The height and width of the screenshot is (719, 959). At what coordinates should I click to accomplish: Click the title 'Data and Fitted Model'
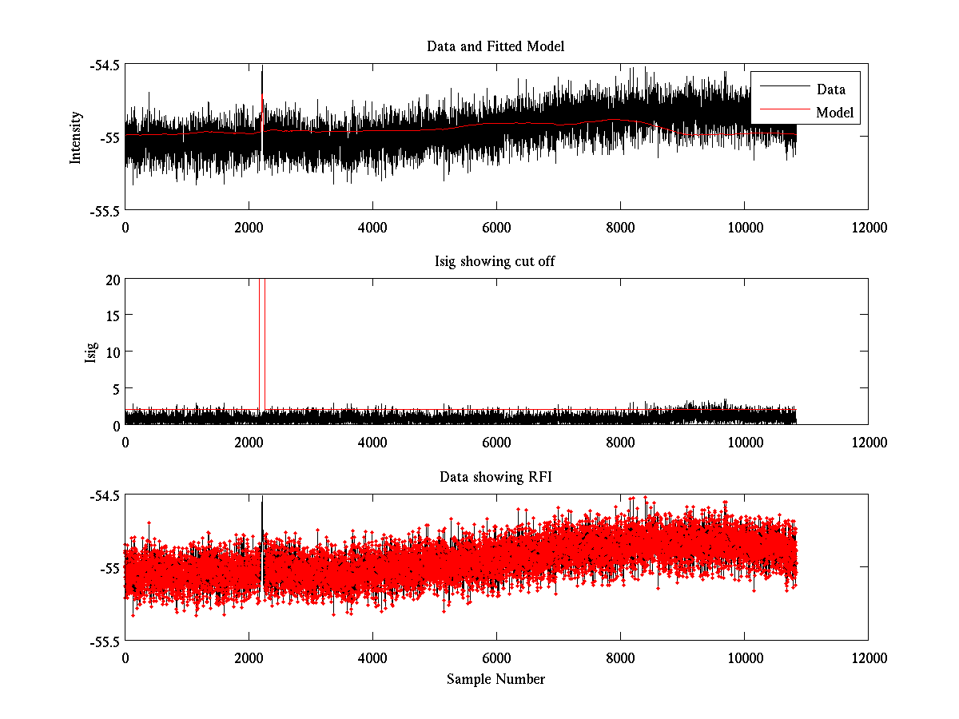coord(495,46)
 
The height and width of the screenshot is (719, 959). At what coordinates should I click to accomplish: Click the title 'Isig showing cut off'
coord(495,262)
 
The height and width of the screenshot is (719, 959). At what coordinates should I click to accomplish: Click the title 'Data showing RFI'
coord(495,477)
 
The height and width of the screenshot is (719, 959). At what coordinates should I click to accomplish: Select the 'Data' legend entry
coord(830,89)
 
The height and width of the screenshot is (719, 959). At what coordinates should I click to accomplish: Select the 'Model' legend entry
coord(834,113)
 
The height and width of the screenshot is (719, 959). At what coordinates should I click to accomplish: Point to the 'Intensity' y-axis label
coord(76,137)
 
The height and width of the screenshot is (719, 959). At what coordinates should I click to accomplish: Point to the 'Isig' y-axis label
coord(90,352)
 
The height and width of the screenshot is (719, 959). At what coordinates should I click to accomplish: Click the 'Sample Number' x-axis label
coord(495,679)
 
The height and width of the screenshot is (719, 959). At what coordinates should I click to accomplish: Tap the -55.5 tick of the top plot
coord(105,210)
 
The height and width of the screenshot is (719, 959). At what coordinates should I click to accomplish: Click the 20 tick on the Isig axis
coord(112,280)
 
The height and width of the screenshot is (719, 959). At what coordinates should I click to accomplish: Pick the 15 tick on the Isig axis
coord(112,316)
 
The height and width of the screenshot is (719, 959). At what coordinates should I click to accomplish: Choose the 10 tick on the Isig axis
coord(112,352)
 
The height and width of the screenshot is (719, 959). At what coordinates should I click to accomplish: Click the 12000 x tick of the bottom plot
coord(868,657)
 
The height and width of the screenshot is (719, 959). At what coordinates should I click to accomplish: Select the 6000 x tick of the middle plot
coord(496,442)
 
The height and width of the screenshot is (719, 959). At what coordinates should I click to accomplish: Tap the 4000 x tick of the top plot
coord(372,227)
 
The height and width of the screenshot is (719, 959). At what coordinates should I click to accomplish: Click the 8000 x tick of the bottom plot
coord(620,657)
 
